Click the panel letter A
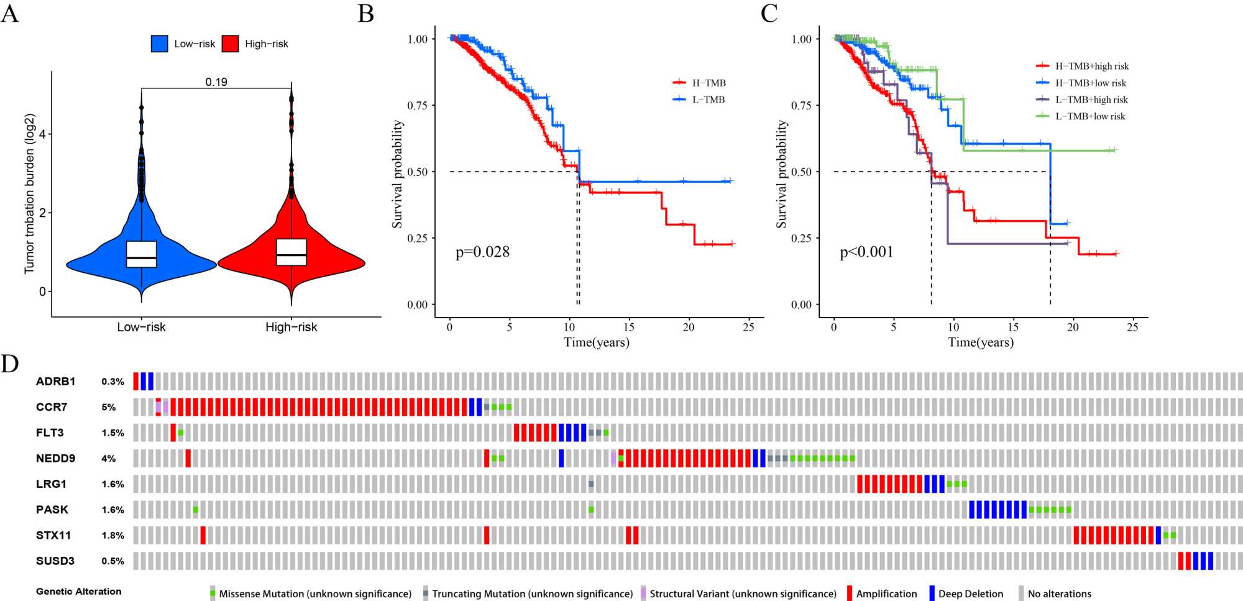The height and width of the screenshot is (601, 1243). click(x=10, y=13)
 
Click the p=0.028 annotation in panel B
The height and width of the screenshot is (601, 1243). click(x=482, y=252)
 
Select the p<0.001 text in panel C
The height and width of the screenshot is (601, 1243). click(x=866, y=252)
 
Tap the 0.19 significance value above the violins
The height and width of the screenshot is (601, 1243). click(x=216, y=82)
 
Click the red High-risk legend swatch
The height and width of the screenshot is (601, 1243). click(x=231, y=44)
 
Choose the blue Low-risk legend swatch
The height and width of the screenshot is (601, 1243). click(x=160, y=44)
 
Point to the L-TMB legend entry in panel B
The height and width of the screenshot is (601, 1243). click(x=708, y=99)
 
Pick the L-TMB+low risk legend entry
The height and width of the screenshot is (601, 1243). click(x=1089, y=116)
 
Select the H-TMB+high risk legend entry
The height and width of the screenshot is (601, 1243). click(x=1091, y=66)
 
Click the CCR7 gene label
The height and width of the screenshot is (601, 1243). click(x=52, y=407)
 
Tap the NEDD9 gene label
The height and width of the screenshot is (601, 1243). click(x=55, y=458)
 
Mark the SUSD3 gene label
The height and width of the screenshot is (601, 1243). click(x=55, y=561)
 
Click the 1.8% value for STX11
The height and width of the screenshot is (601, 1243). click(x=112, y=535)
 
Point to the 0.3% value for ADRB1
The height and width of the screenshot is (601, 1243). click(x=112, y=382)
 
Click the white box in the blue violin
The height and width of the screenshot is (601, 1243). click(x=142, y=254)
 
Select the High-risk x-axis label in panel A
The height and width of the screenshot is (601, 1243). click(x=291, y=327)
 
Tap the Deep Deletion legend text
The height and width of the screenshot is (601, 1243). click(x=970, y=594)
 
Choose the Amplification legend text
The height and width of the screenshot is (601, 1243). click(x=886, y=594)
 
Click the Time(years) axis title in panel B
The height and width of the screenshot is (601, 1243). click(x=596, y=342)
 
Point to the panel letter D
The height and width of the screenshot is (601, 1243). click(x=10, y=364)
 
